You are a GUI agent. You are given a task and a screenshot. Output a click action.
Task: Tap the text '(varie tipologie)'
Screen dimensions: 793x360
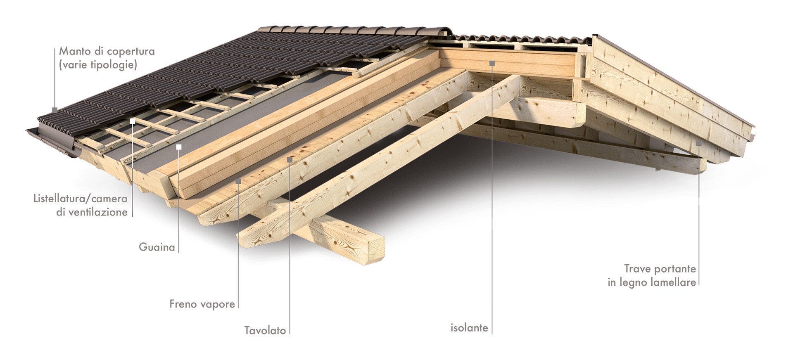click(x=98, y=65)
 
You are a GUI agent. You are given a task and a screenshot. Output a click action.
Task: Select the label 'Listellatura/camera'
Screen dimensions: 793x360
click(x=81, y=199)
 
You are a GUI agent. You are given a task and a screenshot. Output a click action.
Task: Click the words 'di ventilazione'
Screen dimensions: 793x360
click(x=92, y=213)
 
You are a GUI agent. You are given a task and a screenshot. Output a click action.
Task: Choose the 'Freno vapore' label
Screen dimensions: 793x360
click(x=202, y=305)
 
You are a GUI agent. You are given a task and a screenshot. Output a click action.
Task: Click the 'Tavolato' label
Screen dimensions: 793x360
click(x=265, y=331)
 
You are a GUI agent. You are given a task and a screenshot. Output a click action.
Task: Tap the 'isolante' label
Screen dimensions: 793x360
click(x=469, y=328)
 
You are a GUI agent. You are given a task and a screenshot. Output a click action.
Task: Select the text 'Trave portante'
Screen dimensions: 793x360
click(x=660, y=269)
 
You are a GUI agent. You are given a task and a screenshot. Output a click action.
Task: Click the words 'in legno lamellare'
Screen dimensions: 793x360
click(x=652, y=283)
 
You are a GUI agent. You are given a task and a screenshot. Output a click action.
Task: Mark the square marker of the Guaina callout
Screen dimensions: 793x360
click(x=179, y=147)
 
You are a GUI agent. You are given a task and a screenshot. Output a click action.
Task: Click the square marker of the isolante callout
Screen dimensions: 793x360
click(x=492, y=63)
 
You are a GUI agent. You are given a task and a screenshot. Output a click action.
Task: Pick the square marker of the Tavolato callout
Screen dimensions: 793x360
click(x=290, y=159)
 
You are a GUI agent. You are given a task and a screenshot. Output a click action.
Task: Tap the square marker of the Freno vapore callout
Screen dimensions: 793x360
click(x=238, y=181)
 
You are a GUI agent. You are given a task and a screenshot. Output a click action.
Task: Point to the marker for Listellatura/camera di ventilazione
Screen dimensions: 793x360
click(x=133, y=121)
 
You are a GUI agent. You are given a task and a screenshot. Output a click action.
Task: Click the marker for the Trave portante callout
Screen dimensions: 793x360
click(x=699, y=143)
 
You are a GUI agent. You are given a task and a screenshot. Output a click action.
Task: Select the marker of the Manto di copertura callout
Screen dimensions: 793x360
click(x=55, y=110)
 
